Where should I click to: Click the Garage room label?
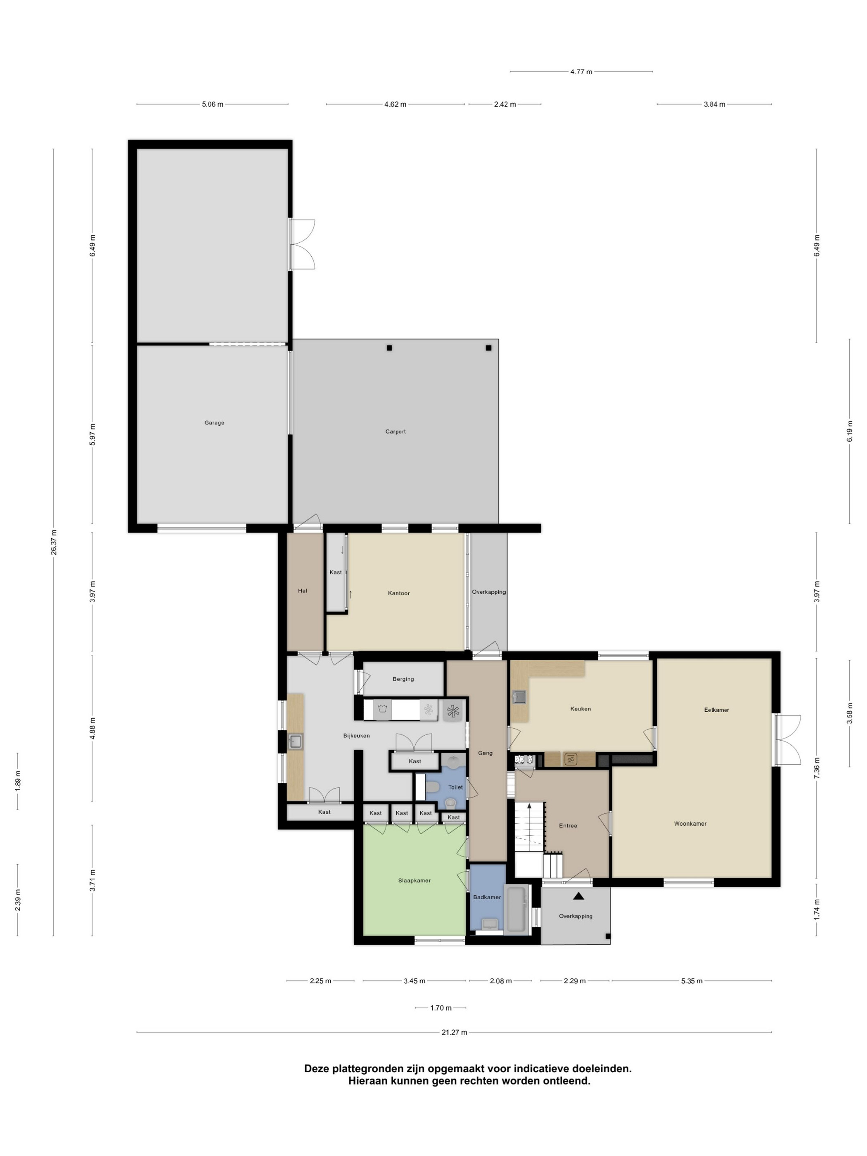coord(214,423)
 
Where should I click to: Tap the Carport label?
coord(396,432)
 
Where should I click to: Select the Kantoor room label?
coord(399,593)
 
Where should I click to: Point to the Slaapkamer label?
coord(415,881)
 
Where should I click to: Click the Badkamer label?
coord(487,897)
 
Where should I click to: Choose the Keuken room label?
coord(580,708)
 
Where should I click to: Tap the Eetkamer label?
coord(716,710)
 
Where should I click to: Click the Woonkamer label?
coord(690,824)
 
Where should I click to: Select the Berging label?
coord(403,679)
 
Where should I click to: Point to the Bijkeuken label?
coord(356,735)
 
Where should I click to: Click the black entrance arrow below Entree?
coord(578,896)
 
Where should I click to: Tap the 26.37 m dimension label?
coord(53,542)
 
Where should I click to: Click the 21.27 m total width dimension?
coord(454,1032)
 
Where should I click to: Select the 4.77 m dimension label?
coord(581,71)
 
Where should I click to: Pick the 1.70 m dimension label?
coord(441,1008)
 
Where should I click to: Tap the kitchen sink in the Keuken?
coord(519,697)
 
